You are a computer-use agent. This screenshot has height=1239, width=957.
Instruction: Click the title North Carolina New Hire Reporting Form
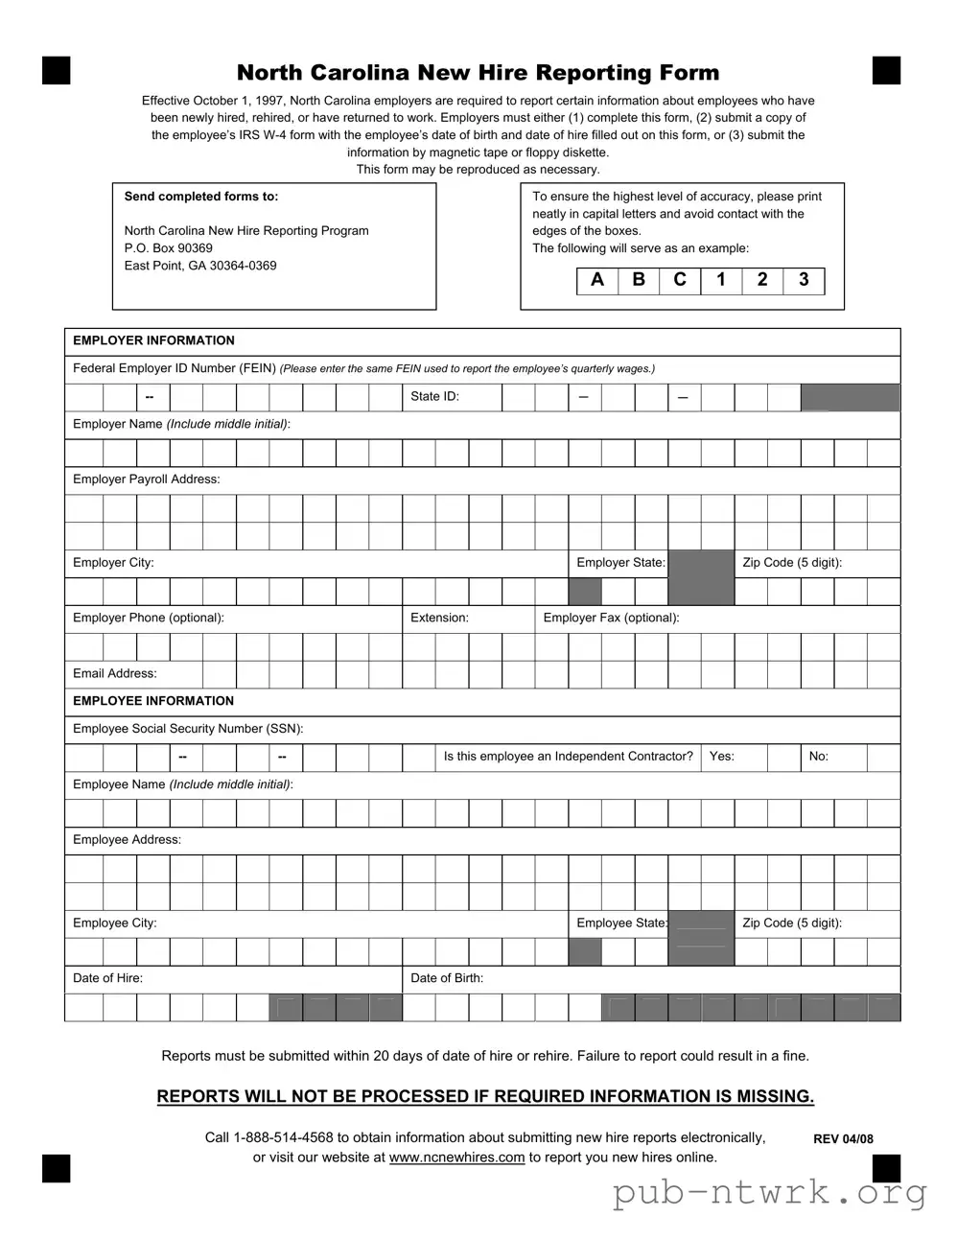[478, 73]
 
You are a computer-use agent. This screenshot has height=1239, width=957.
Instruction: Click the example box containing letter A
[597, 280]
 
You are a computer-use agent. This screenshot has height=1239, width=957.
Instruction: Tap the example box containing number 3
[804, 280]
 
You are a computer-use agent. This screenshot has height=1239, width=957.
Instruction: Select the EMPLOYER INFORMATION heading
[153, 340]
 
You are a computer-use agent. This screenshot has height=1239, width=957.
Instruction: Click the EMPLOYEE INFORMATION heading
[153, 701]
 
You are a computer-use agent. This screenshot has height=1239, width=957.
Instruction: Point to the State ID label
[434, 396]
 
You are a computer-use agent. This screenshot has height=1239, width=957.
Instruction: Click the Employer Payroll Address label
[146, 479]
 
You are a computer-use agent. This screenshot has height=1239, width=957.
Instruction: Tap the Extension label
[439, 618]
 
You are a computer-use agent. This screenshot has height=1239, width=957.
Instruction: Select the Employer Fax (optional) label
[611, 618]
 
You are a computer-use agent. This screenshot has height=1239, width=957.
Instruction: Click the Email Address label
[115, 673]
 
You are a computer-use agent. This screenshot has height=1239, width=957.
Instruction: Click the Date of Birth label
[447, 978]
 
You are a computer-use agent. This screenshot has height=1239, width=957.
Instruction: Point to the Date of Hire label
[107, 978]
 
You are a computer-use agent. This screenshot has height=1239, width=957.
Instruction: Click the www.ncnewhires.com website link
[456, 1157]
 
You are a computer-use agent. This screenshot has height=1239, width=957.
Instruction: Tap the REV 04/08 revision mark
[843, 1139]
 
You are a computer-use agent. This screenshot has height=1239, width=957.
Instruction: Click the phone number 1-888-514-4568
[283, 1137]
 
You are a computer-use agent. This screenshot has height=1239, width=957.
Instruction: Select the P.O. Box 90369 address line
[169, 248]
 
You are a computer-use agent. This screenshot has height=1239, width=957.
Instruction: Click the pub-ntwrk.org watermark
[770, 1193]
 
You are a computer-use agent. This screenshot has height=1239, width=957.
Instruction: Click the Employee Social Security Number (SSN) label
[188, 729]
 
